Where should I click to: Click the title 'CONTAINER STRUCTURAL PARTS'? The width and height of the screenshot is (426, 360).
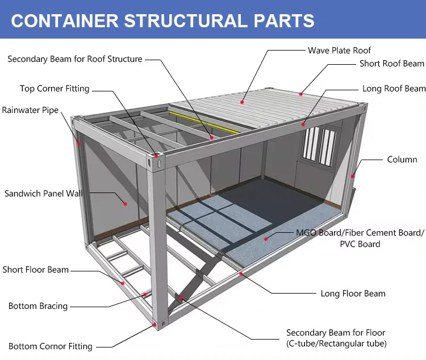[162, 20]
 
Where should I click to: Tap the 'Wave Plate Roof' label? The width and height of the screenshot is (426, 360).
[339, 51]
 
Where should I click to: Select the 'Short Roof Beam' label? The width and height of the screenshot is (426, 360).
[391, 64]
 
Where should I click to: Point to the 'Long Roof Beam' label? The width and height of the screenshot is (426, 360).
[394, 89]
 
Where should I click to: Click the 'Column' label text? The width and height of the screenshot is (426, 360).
[402, 160]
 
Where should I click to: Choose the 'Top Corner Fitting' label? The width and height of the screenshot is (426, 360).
[55, 89]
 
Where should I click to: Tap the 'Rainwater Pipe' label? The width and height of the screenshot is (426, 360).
[30, 110]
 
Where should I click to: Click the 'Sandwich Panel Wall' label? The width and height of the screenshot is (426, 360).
[43, 194]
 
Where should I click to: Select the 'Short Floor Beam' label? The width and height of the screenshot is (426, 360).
[35, 270]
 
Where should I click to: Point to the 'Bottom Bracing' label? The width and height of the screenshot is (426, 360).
[37, 306]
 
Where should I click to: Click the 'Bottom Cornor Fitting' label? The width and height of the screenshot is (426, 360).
[50, 346]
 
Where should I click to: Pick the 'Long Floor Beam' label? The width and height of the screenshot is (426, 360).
[353, 294]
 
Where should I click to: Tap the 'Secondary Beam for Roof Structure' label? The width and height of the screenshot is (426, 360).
[75, 59]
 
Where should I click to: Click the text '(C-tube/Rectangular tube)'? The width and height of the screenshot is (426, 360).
[336, 344]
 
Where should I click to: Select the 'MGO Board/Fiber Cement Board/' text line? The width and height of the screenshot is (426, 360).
[360, 233]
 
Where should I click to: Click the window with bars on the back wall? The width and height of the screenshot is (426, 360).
[318, 144]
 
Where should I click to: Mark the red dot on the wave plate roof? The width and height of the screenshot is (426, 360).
[242, 102]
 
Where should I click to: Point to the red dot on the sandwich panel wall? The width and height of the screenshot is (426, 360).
[126, 203]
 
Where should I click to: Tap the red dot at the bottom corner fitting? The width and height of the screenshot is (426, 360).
[155, 325]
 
